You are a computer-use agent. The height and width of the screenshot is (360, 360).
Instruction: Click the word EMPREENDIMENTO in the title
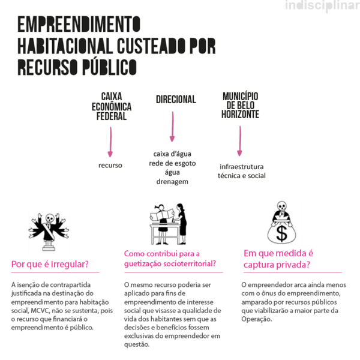tap(79, 25)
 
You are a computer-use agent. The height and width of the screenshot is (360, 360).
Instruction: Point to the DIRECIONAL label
tap(176, 100)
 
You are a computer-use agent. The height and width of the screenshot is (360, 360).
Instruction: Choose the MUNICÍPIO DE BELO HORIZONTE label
tap(240, 105)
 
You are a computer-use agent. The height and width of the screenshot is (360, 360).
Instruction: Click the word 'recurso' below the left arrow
tap(110, 164)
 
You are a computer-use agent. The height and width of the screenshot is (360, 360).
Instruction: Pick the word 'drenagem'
tap(172, 181)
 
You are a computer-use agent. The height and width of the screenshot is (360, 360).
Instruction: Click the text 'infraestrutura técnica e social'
tap(242, 171)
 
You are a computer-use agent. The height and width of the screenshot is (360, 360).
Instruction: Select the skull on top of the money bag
tap(279, 208)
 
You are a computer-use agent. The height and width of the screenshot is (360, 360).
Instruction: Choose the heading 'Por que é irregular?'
tap(50, 264)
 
